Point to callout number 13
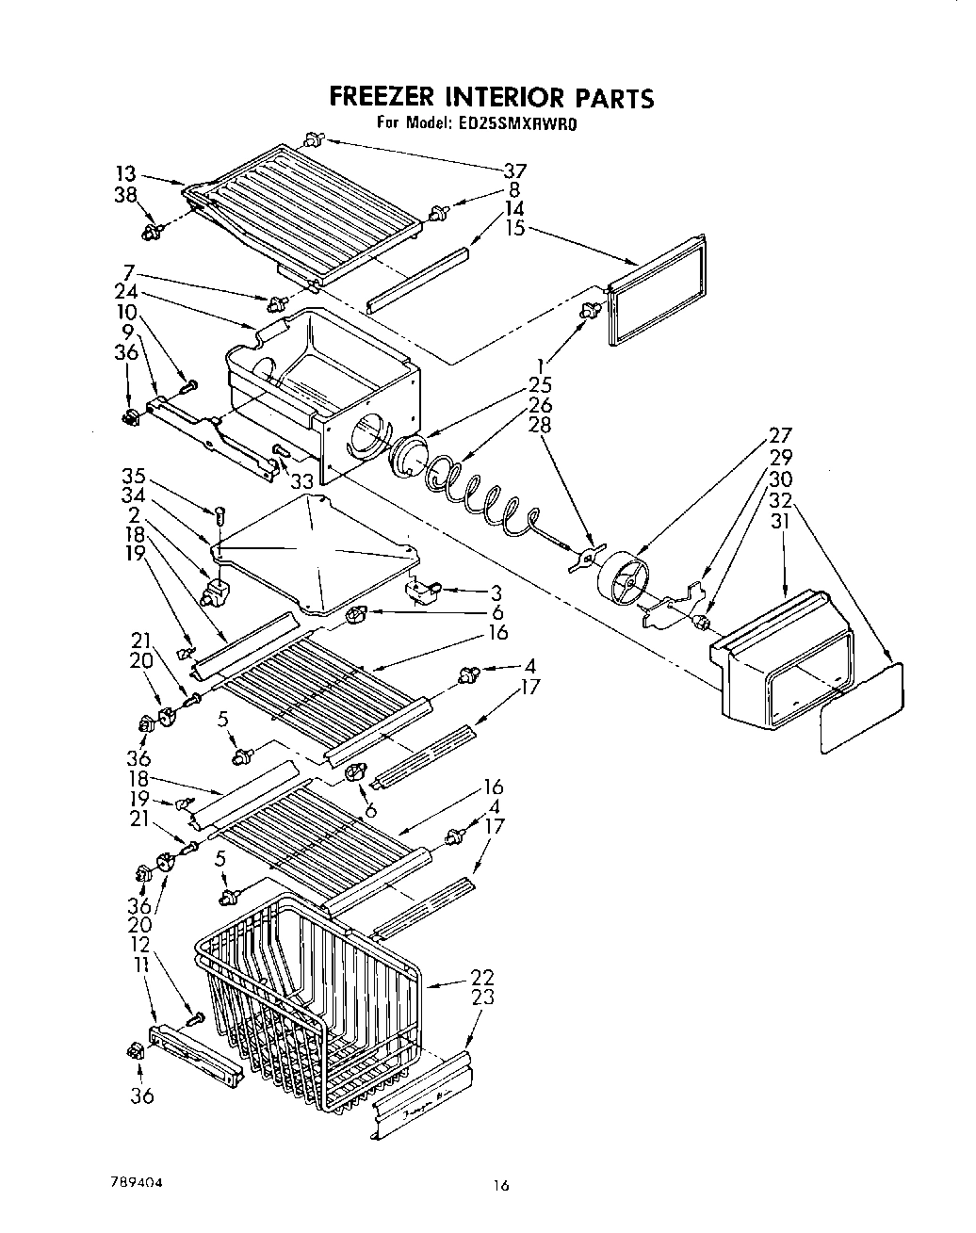pyautogui.click(x=126, y=173)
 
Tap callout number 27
pyautogui.click(x=781, y=435)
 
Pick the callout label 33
pyautogui.click(x=301, y=481)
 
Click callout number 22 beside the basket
pyautogui.click(x=482, y=977)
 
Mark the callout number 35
pyautogui.click(x=134, y=478)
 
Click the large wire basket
pyautogui.click(x=311, y=1008)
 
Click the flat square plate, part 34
pyautogui.click(x=316, y=551)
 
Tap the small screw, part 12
pyautogui.click(x=196, y=1017)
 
